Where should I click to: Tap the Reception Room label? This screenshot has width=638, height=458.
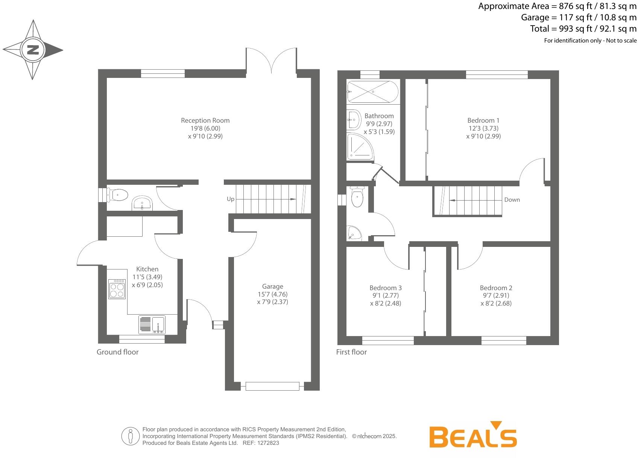205,120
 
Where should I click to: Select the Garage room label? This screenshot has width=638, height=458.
272,286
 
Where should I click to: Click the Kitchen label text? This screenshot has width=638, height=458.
147,269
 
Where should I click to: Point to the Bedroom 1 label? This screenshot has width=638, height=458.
483,120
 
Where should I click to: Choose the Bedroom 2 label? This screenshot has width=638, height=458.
496,288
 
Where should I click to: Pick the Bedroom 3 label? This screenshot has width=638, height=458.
386,288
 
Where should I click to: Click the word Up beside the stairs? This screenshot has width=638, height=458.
230,199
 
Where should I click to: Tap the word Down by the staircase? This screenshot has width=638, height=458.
512,200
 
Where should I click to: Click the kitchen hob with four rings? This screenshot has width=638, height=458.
117,289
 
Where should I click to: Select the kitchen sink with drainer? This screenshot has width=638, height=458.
152,324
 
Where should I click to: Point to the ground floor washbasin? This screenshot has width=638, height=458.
142,203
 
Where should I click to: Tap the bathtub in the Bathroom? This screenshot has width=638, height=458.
372,91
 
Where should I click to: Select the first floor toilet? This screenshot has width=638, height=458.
356,196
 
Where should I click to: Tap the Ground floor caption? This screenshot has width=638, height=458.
117,352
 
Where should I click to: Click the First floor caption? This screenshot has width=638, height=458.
351,352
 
